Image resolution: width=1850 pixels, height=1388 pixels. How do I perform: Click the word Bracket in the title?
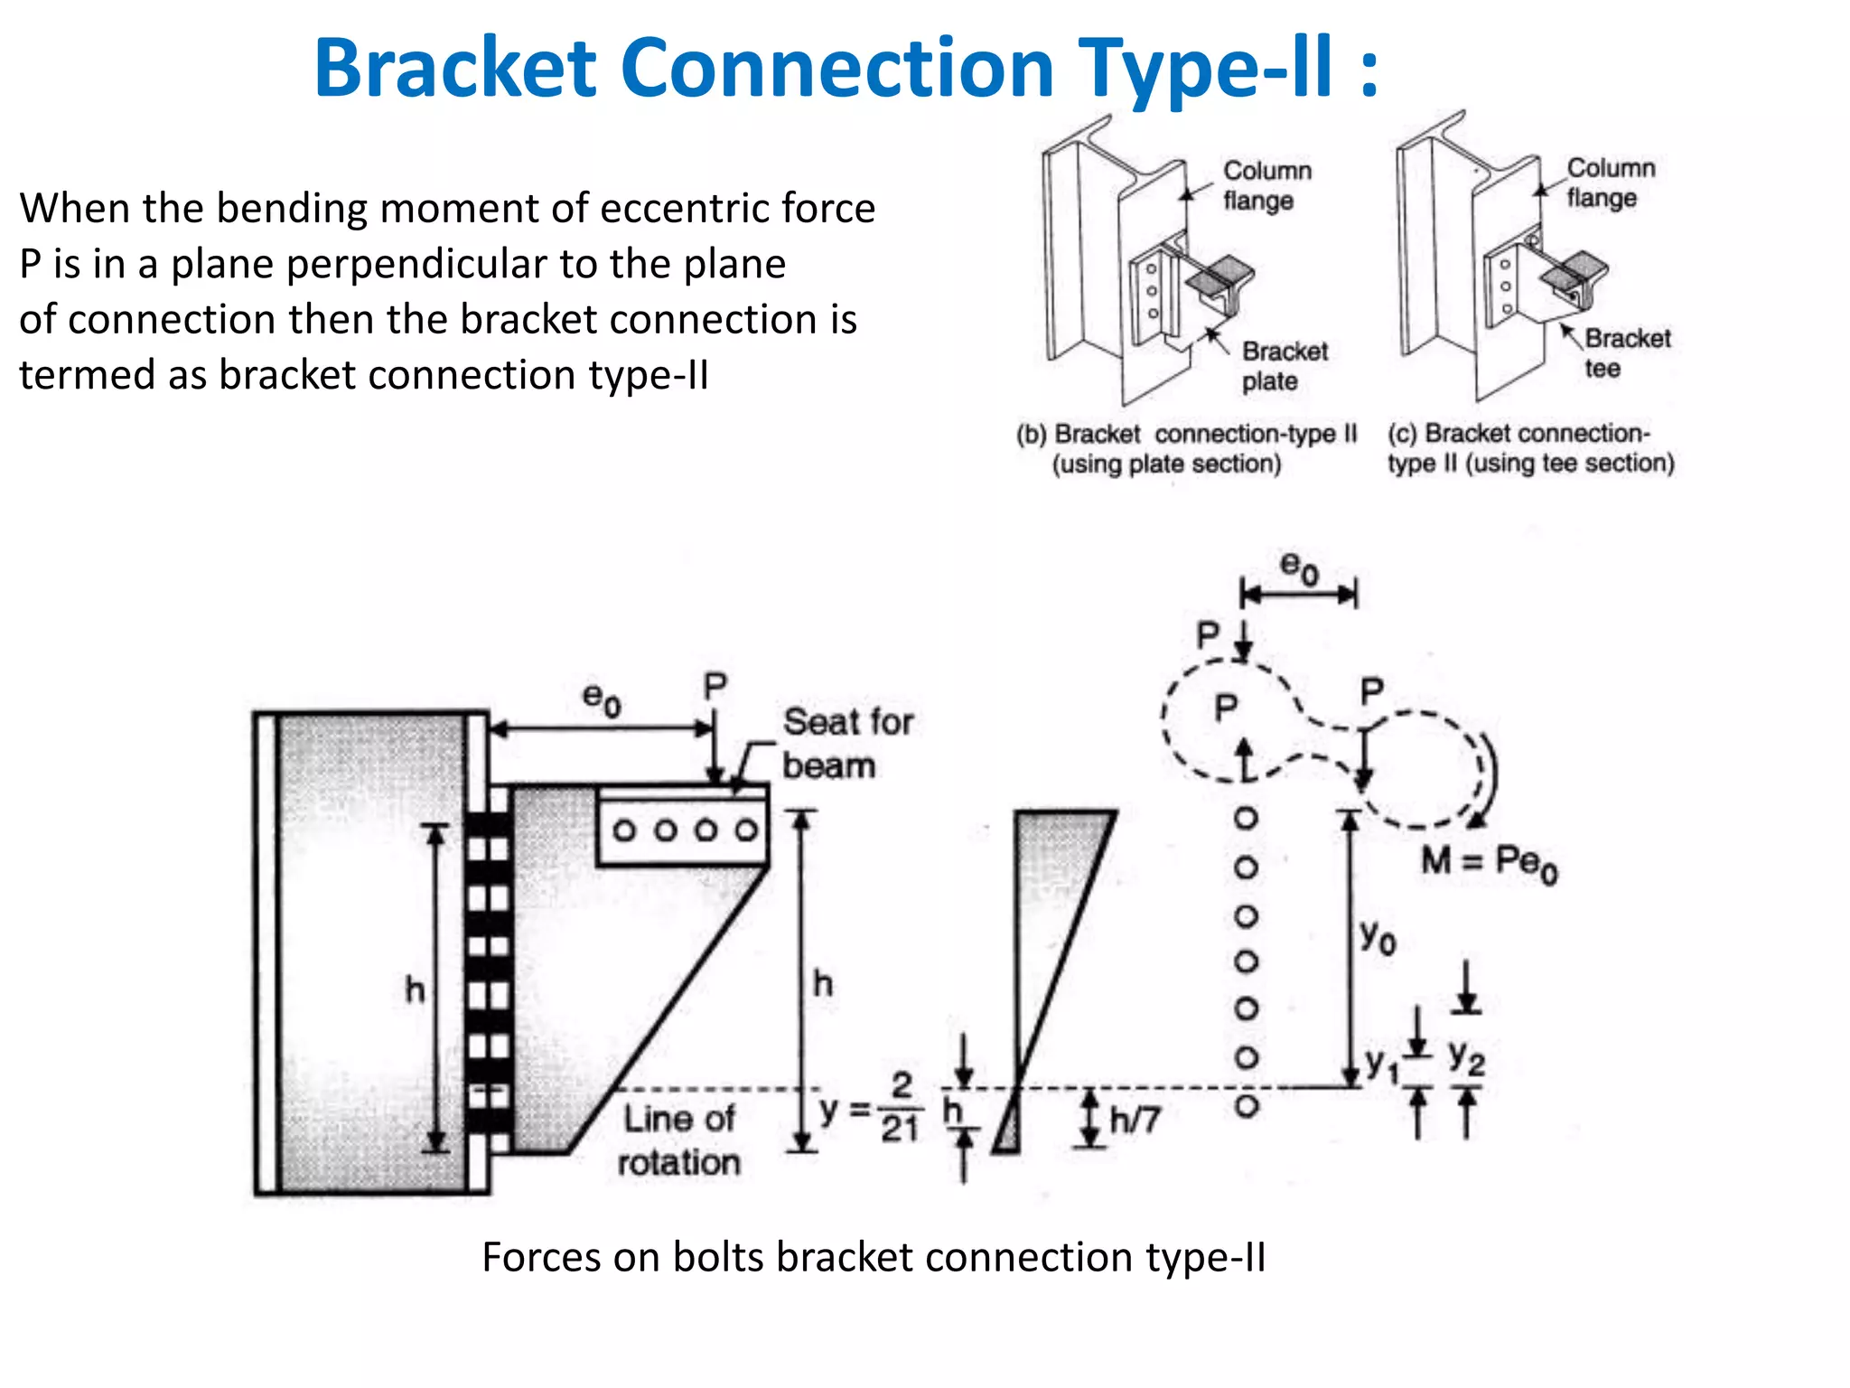tap(454, 68)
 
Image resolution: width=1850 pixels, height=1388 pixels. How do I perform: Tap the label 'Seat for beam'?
tap(847, 743)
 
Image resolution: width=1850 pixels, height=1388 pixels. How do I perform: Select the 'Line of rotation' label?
tap(679, 1139)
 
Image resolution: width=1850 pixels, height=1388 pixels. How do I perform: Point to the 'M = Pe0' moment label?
tap(1489, 862)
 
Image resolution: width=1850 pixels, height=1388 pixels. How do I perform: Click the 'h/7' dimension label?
tap(1135, 1121)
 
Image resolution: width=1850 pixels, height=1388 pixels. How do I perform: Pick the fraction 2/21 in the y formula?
tap(901, 1108)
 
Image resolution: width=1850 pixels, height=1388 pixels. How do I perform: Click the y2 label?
tap(1466, 1056)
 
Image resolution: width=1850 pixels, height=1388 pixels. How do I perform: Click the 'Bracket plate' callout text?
tap(1285, 365)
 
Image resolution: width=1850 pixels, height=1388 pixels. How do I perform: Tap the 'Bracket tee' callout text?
tap(1627, 352)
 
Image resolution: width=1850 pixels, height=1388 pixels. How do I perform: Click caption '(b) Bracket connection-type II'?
tap(1186, 435)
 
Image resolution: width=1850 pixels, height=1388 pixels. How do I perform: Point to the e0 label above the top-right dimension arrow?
tap(1299, 568)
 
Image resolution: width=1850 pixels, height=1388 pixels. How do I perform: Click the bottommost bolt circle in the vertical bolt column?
tap(1247, 1105)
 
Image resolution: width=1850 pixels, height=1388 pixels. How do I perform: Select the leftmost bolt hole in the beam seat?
tap(624, 830)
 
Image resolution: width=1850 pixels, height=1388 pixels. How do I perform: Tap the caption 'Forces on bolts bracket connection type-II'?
tap(873, 1257)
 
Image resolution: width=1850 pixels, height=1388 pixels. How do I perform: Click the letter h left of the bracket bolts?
tap(415, 989)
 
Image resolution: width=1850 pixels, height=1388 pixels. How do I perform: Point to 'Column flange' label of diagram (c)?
tap(1610, 183)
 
